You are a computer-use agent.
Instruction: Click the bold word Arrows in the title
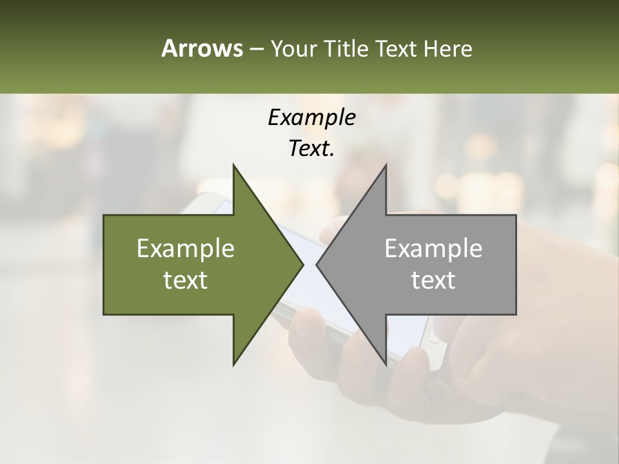pos(201,49)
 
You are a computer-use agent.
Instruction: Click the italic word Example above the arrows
pos(311,118)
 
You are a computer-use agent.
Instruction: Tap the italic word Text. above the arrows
pos(311,149)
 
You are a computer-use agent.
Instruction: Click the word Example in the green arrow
pos(185,249)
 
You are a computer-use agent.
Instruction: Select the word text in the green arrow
pos(185,280)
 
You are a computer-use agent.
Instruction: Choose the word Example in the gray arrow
pos(433,249)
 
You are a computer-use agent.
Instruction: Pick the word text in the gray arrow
pos(433,280)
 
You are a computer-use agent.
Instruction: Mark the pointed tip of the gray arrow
pos(317,264)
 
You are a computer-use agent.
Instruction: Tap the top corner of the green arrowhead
pos(234,166)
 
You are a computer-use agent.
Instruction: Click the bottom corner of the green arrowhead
pos(234,364)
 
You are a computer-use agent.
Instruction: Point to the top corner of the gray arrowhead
pos(386,166)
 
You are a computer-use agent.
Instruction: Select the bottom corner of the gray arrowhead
pos(386,364)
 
